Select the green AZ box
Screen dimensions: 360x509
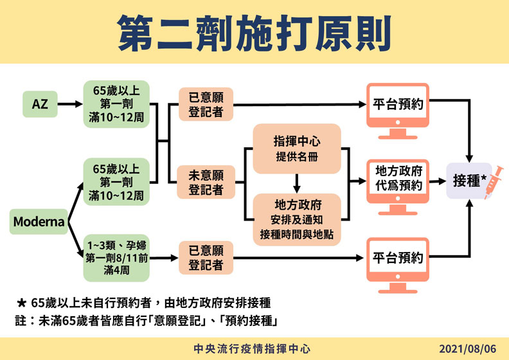click(39, 103)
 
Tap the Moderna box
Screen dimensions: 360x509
click(39, 222)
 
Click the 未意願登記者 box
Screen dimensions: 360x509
click(206, 182)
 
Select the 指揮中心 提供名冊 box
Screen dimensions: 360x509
click(296, 149)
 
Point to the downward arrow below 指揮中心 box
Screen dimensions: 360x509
click(296, 184)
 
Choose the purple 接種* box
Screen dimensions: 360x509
click(467, 181)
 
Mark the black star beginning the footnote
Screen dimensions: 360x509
click(21, 301)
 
